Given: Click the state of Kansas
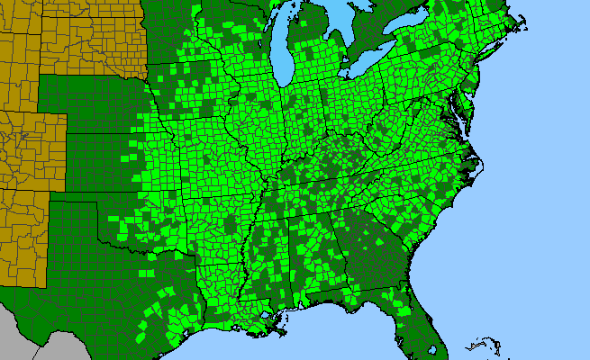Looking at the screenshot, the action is tap(99, 162).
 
